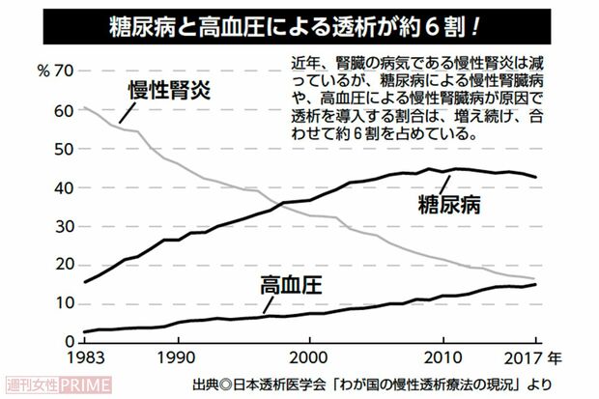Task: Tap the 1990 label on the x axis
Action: (x=176, y=357)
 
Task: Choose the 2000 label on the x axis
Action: (x=309, y=357)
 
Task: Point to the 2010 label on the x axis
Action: (x=443, y=357)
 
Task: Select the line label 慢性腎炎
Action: (x=169, y=93)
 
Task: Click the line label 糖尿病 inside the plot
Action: (x=449, y=205)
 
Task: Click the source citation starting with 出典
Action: (x=372, y=383)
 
